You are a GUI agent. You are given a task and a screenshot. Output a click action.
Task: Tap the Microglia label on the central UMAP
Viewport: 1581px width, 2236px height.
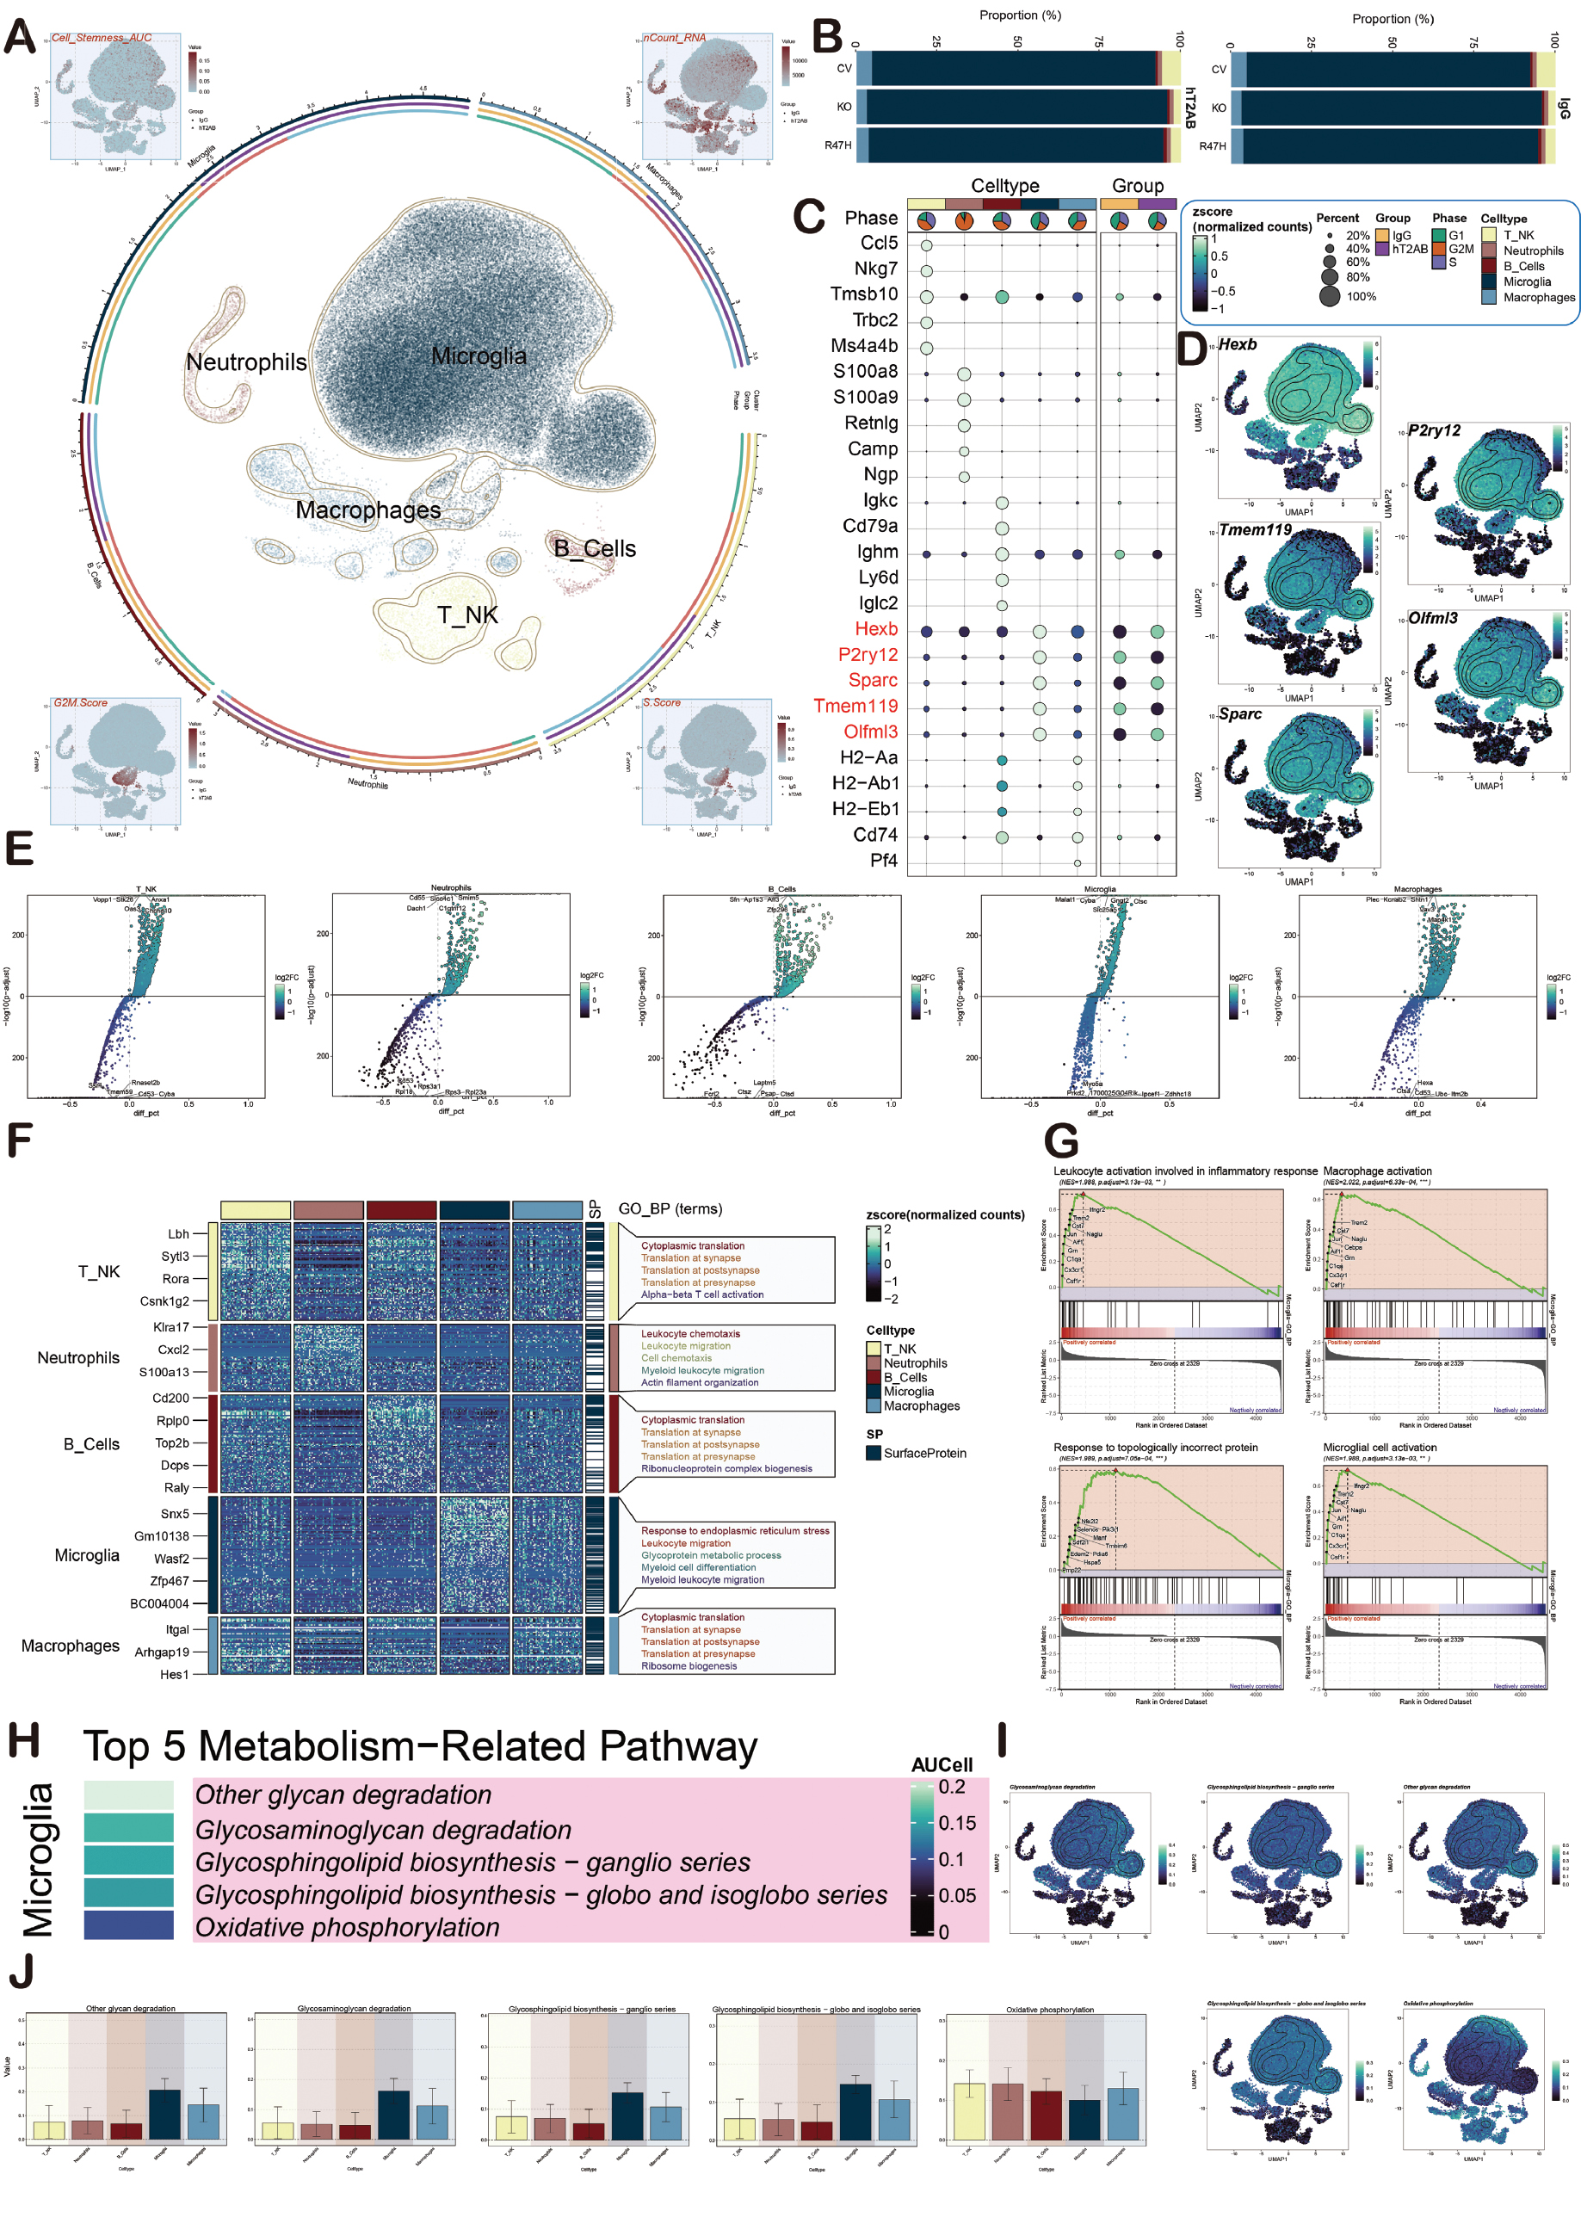(x=479, y=356)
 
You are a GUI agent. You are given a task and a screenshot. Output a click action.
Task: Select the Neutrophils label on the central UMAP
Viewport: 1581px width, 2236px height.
(x=246, y=362)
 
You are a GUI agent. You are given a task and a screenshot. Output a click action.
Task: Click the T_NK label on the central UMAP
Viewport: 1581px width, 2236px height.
(x=467, y=615)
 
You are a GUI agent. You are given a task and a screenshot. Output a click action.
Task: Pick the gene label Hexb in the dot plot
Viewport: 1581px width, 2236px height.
(x=876, y=629)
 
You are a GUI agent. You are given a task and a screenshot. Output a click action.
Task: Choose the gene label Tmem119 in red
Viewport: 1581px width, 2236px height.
(x=855, y=706)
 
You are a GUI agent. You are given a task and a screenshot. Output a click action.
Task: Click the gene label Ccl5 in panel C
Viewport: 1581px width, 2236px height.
(x=879, y=243)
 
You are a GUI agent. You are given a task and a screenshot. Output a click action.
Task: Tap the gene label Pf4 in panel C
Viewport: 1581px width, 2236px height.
(x=884, y=860)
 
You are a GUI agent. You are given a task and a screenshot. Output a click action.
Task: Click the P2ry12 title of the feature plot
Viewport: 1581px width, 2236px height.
(x=1434, y=430)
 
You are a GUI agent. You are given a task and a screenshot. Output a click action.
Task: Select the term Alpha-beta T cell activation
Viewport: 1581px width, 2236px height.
(x=701, y=1294)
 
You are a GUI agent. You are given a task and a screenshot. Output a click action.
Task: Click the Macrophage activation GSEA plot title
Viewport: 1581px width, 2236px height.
(x=1376, y=1171)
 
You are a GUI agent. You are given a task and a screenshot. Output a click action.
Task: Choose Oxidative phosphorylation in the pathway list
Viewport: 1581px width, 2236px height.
(x=348, y=1927)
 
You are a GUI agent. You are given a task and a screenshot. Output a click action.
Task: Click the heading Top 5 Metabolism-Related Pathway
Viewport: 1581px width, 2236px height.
(x=420, y=1747)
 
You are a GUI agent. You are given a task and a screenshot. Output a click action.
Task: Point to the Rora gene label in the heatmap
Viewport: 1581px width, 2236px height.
(x=176, y=1279)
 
